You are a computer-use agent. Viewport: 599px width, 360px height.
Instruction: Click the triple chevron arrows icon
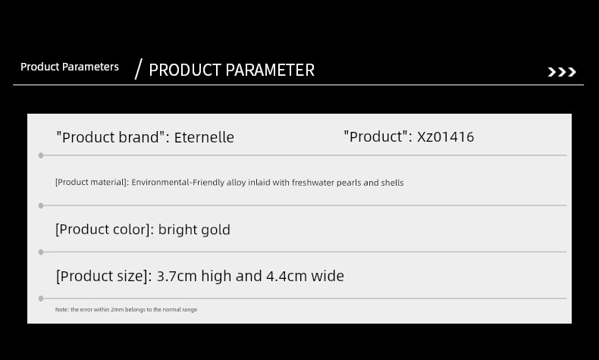point(562,72)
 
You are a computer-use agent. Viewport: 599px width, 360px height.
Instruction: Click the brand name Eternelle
point(204,137)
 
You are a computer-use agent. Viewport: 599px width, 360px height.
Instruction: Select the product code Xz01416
point(445,136)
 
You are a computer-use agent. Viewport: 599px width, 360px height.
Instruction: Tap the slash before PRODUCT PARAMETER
point(139,69)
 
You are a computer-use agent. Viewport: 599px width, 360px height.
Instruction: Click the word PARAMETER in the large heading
point(270,70)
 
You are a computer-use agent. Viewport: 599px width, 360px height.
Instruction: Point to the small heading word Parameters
point(90,67)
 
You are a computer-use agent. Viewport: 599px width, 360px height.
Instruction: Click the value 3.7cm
point(177,276)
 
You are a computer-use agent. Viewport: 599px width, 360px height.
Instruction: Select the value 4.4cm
point(287,276)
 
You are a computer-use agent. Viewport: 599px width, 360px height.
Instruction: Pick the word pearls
point(349,183)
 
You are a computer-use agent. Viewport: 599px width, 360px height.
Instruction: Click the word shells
point(392,183)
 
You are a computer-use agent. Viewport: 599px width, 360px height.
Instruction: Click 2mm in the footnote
point(118,310)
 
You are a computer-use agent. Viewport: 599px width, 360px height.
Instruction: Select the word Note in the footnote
point(61,310)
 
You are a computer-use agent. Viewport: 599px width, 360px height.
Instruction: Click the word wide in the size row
point(328,276)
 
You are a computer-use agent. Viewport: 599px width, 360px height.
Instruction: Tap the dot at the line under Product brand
point(41,155)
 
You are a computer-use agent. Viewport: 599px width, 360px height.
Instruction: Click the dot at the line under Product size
point(41,299)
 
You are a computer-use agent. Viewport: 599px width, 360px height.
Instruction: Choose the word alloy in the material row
point(236,183)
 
